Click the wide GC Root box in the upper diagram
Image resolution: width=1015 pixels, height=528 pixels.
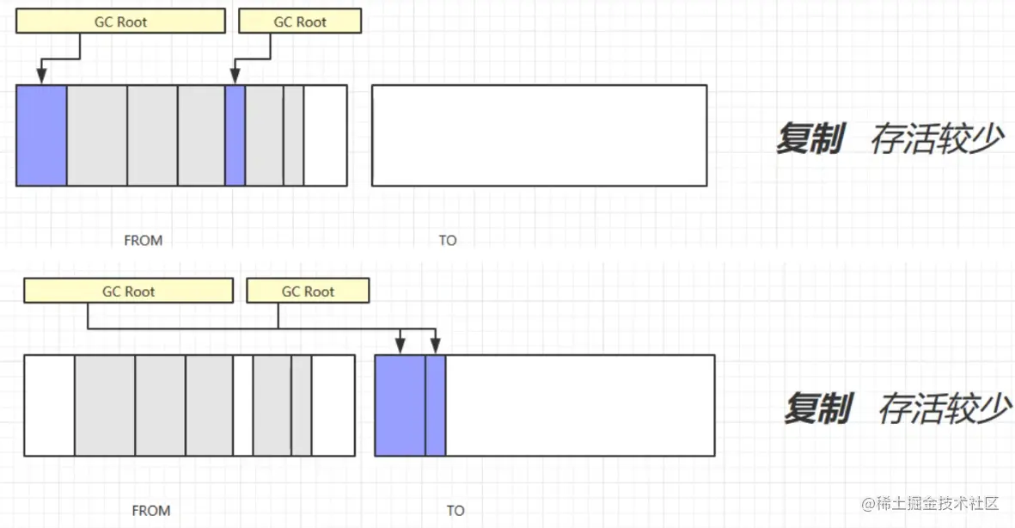120,21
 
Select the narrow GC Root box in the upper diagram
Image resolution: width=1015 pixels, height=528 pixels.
300,21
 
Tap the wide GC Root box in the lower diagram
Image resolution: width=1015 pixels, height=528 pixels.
128,292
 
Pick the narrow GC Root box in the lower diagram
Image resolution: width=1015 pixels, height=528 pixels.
308,292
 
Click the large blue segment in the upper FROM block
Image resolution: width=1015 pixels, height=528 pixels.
41,135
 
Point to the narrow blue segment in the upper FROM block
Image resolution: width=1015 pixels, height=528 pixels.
235,135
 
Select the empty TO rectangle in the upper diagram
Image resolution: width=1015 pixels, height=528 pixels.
539,135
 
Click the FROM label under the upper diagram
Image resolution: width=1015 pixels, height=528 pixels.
143,241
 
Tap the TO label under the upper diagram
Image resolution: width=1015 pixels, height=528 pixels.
448,241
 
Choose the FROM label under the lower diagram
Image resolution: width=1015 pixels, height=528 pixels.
150,511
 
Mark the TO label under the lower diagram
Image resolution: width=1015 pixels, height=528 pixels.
456,511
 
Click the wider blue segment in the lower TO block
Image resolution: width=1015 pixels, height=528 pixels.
400,405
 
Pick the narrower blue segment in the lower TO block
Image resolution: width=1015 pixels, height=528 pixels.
436,405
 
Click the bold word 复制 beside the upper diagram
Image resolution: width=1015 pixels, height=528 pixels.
809,138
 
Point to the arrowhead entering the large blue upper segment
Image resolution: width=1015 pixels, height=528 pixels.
41,78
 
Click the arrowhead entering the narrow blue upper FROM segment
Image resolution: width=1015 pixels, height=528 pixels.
235,78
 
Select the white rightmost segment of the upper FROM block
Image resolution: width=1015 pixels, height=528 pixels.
325,135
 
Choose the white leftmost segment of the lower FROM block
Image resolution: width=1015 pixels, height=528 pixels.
49,405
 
